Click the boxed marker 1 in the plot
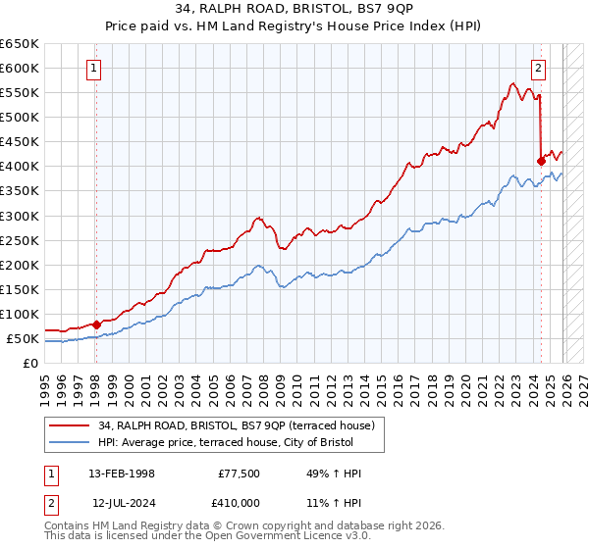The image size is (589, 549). (94, 69)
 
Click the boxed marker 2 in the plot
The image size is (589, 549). (539, 69)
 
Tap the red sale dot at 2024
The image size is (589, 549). (541, 161)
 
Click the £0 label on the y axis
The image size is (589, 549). (30, 364)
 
